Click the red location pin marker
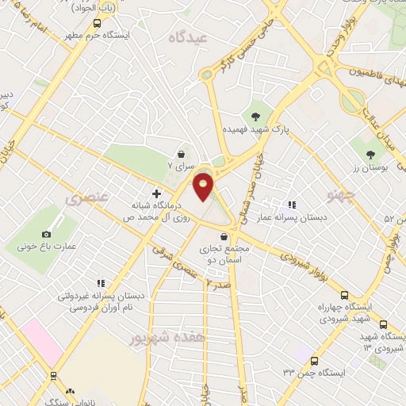click(204, 187)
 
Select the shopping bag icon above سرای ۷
click(184, 155)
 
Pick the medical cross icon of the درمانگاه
click(156, 193)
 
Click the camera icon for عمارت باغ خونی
click(47, 234)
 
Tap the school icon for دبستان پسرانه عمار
click(292, 204)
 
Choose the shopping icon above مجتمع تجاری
click(224, 236)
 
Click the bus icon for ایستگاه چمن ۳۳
click(314, 361)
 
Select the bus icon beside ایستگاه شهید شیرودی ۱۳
click(384, 324)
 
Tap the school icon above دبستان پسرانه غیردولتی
click(101, 282)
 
